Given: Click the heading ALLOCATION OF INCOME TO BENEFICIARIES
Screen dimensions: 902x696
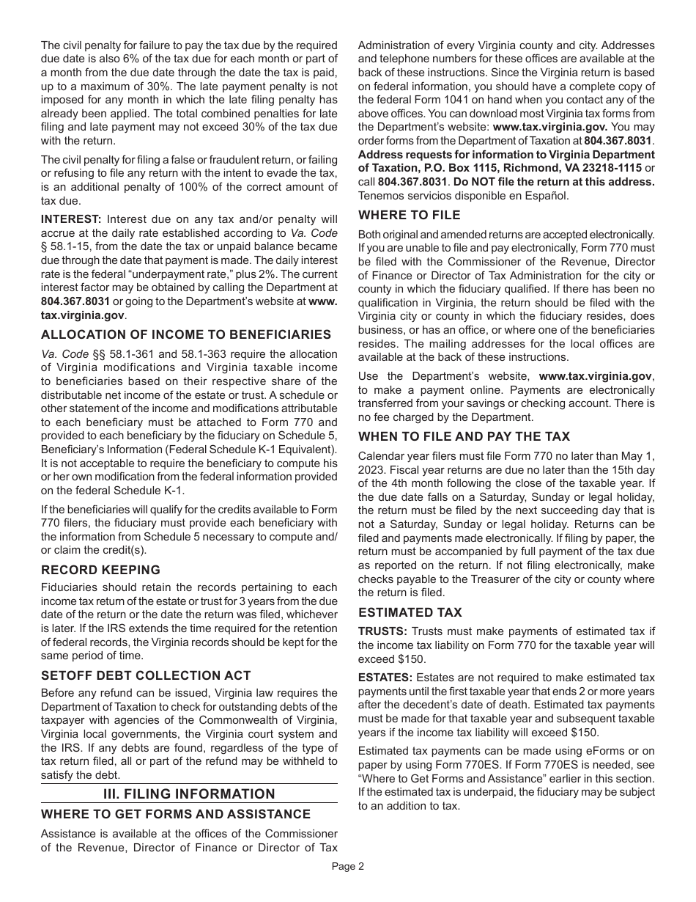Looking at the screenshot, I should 186,335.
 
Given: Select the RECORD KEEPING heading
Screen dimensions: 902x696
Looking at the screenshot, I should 100,570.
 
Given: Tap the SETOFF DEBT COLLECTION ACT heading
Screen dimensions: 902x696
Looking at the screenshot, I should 146,675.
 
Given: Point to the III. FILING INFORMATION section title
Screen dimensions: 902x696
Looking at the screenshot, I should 189,794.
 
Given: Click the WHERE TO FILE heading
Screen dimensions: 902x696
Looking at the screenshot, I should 410,215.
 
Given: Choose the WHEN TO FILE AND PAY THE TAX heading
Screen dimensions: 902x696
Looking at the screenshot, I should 464,436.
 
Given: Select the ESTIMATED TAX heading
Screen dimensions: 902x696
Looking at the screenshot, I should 410,612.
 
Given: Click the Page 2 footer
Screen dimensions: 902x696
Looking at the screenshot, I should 347,866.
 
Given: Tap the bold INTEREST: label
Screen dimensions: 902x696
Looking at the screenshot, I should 71,219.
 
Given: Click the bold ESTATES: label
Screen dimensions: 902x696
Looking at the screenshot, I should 385,678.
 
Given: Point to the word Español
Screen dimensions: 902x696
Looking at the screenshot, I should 549,195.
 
